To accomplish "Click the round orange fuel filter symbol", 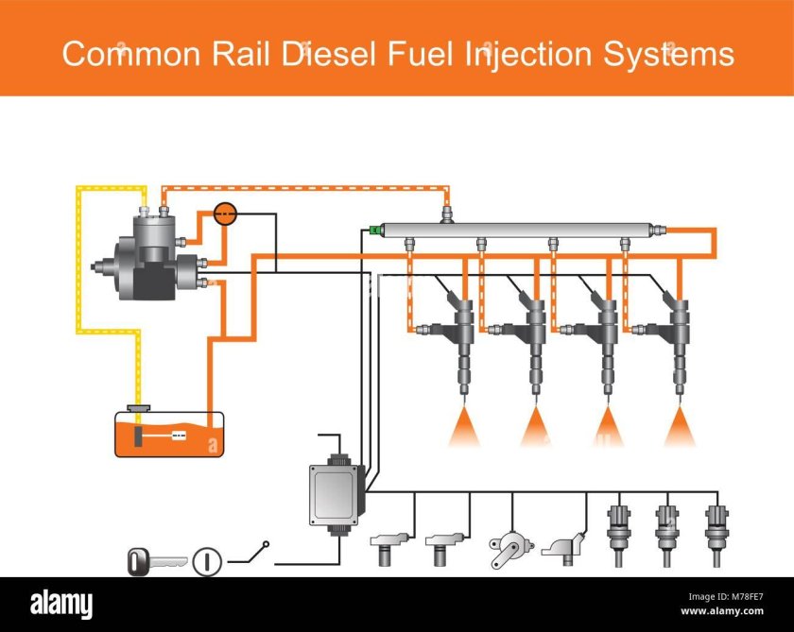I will click(x=225, y=214).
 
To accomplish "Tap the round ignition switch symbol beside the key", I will click(x=206, y=562).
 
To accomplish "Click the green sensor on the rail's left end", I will click(x=376, y=230).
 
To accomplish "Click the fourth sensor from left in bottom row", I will click(x=564, y=547).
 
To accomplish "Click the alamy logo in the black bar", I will click(x=62, y=604).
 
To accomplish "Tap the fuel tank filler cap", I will click(x=140, y=408).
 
